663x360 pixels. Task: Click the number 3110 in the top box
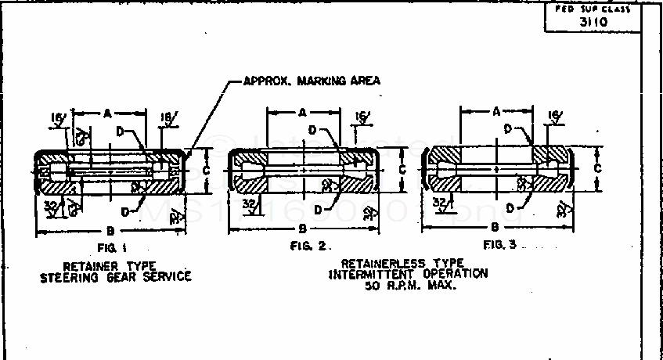(x=594, y=22)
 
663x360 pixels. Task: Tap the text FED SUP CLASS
(x=594, y=9)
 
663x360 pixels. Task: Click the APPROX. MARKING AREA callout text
(x=312, y=81)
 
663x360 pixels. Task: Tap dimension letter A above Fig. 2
(x=302, y=113)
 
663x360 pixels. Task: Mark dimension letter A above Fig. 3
(x=496, y=112)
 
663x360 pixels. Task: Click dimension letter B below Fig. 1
(x=106, y=230)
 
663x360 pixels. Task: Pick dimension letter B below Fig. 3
(x=495, y=227)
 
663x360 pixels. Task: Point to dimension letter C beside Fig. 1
(x=205, y=170)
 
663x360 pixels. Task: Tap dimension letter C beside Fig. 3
(x=597, y=167)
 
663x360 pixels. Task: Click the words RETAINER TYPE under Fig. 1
(x=116, y=266)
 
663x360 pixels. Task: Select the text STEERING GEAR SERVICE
(x=116, y=277)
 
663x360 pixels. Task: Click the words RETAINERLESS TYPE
(x=402, y=264)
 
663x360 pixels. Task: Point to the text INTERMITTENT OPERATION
(x=408, y=274)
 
